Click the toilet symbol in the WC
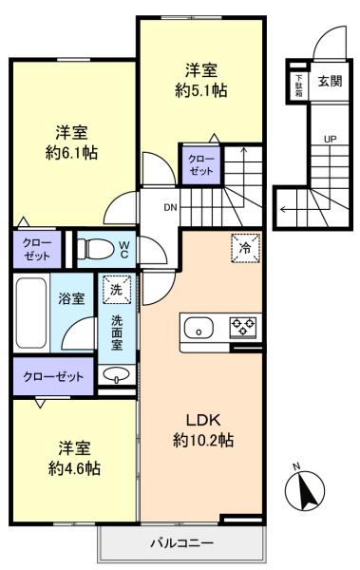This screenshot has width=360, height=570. [95, 249]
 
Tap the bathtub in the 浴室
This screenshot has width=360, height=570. [31, 313]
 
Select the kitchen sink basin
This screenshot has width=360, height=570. [199, 328]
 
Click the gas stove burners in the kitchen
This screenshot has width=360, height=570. [242, 327]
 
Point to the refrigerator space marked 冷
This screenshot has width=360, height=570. [246, 248]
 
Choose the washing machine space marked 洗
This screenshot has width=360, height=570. [117, 290]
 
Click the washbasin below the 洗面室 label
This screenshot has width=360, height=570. [117, 374]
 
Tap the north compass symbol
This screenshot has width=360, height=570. [304, 489]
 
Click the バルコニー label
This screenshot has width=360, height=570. [181, 543]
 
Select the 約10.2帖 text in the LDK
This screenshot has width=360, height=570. [203, 441]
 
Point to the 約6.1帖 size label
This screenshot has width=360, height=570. [71, 153]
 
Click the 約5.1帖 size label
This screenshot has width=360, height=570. [201, 90]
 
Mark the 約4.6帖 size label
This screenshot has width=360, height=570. [74, 468]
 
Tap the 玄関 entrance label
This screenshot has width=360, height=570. [330, 81]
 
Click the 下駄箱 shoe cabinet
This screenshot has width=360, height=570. [299, 85]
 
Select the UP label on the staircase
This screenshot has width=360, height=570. [330, 139]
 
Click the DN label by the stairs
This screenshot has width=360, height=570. [170, 208]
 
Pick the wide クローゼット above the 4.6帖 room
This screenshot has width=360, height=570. [53, 376]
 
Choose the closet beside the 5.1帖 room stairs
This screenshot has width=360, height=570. [201, 165]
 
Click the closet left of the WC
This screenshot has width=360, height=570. [37, 249]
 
